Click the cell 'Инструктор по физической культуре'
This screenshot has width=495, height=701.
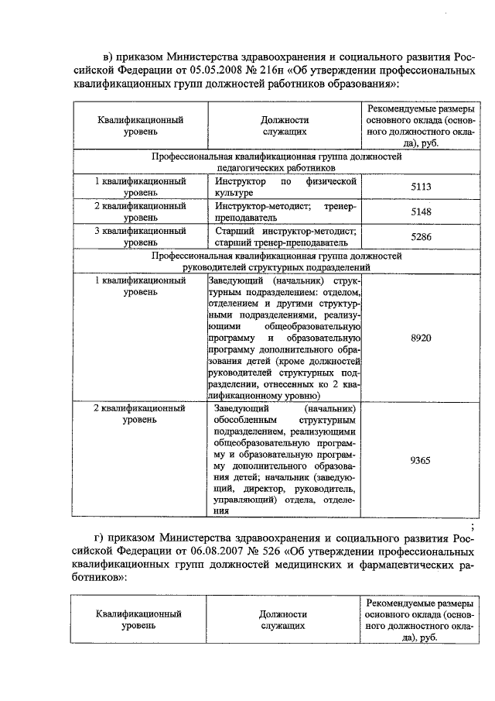point(284,187)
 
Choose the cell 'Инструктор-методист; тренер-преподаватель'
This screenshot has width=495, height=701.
point(284,211)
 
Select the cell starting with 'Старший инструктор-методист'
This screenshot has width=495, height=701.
point(284,235)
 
